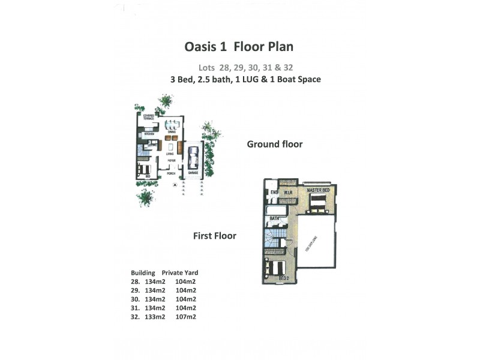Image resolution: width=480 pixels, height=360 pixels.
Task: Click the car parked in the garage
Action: pyautogui.click(x=193, y=160)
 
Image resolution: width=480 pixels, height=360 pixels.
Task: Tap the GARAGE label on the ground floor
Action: pyautogui.click(x=193, y=173)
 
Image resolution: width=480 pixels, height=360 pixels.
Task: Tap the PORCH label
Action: pyautogui.click(x=171, y=173)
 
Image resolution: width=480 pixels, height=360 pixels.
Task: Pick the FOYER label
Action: pyautogui.click(x=171, y=161)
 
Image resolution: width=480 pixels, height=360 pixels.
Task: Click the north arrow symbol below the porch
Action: pyautogui.click(x=174, y=186)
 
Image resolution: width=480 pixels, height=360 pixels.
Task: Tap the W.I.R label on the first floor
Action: pyautogui.click(x=287, y=193)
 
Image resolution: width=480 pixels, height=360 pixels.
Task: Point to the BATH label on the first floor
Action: pyautogui.click(x=275, y=218)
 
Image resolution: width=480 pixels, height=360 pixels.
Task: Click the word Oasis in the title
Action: pyautogui.click(x=201, y=46)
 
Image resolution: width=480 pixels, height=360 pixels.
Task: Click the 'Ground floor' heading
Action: pyautogui.click(x=275, y=144)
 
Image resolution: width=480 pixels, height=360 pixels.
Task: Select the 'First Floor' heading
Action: pyautogui.click(x=214, y=236)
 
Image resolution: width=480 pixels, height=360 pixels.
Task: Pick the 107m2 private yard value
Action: pyautogui.click(x=186, y=316)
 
